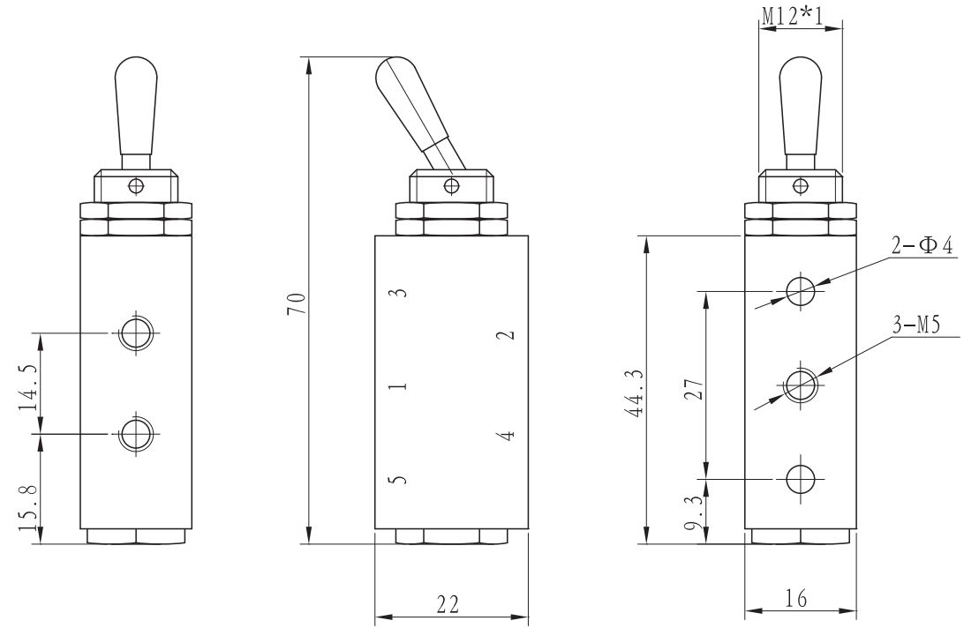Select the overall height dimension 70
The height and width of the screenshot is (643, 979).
(300, 303)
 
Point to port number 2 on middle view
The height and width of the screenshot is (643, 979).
(504, 336)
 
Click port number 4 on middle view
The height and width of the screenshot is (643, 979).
(504, 435)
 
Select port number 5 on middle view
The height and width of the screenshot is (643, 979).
(398, 481)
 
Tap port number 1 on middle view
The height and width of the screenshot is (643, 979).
(398, 386)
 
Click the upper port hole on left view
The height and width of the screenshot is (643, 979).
(136, 333)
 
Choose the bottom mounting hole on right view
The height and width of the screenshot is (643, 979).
(800, 478)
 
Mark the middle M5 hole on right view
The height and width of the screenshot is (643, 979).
(800, 385)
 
